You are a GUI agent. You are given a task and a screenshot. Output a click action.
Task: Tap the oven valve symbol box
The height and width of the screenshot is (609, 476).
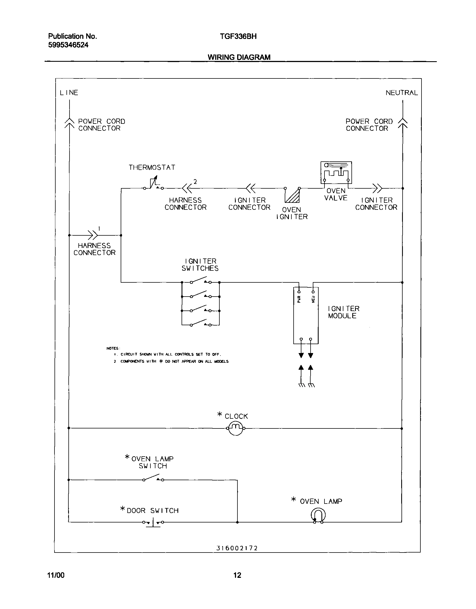[x=336, y=172]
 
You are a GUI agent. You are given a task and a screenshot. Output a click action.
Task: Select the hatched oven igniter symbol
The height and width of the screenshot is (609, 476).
[x=292, y=196]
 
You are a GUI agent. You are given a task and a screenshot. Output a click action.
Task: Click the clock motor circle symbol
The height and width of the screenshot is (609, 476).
[x=236, y=428]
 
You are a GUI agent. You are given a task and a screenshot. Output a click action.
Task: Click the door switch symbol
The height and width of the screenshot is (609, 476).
[x=153, y=522]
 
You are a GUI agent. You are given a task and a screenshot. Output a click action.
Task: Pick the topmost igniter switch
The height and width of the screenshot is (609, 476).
[x=200, y=281]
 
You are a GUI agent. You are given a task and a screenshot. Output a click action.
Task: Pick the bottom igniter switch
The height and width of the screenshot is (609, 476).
[x=200, y=324]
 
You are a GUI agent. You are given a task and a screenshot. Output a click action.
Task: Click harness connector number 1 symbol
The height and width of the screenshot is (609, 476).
[x=93, y=235]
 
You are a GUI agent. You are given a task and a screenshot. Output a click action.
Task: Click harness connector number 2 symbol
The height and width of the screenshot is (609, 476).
[x=187, y=189]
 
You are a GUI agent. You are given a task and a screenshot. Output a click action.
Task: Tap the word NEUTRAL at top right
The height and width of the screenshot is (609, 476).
[x=401, y=93]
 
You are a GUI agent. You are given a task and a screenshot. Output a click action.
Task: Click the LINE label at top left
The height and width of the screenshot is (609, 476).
[x=69, y=93]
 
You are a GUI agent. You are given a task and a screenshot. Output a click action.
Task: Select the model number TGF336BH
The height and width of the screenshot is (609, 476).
[x=238, y=36]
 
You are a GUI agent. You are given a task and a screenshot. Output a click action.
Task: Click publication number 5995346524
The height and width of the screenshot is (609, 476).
[x=68, y=45]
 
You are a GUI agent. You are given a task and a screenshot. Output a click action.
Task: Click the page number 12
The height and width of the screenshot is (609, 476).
[x=237, y=575]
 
